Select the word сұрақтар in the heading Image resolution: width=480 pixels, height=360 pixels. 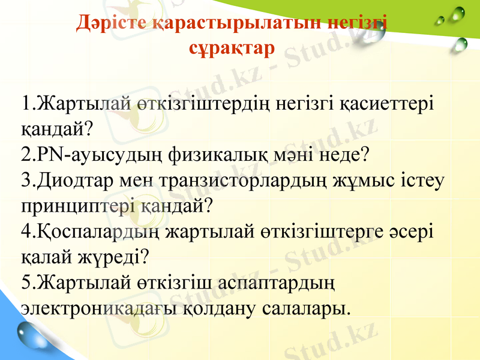pos(232,47)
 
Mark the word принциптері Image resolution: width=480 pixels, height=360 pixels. pos(77,206)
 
